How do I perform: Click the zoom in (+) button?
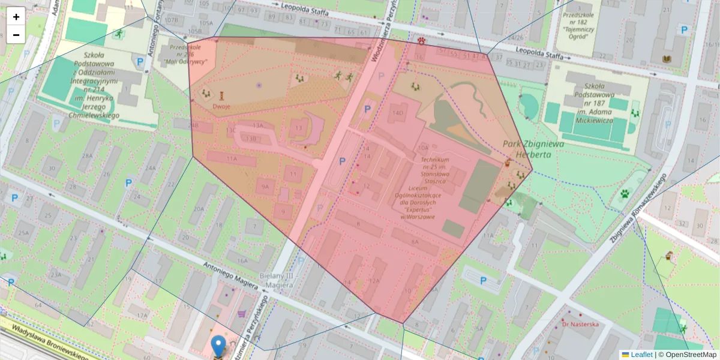(16, 17)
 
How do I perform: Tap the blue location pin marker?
(218, 346)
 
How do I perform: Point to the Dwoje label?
(221, 107)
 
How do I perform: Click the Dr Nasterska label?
(580, 324)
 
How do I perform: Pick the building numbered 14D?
(397, 113)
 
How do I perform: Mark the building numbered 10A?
(424, 147)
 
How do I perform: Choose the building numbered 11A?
(232, 158)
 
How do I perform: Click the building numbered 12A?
(374, 281)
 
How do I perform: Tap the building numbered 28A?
(88, 156)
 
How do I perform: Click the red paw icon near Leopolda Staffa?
(423, 41)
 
